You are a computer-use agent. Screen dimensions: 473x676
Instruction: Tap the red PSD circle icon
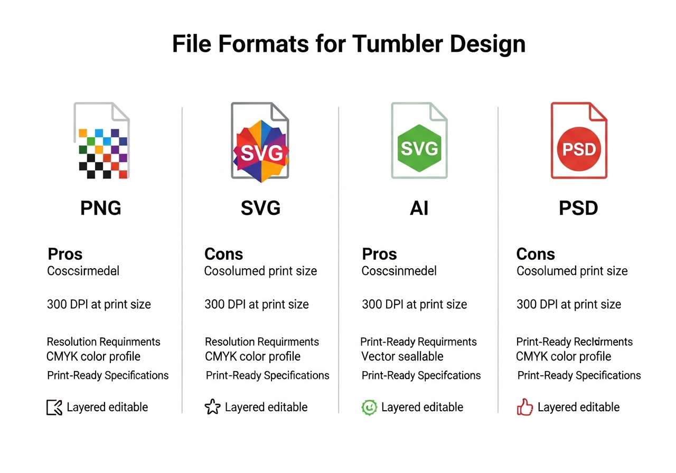tap(579, 149)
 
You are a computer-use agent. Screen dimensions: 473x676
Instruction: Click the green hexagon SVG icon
tap(419, 148)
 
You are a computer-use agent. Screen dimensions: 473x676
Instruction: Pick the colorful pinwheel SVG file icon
tap(260, 150)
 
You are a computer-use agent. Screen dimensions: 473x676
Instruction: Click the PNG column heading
tap(100, 208)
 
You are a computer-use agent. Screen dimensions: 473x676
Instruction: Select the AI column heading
tap(419, 208)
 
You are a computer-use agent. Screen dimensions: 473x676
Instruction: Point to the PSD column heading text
tap(578, 208)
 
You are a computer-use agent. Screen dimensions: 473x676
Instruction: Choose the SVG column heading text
tap(260, 208)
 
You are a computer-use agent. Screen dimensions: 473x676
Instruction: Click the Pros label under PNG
tap(65, 254)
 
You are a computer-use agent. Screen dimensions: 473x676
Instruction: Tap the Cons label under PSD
tap(535, 254)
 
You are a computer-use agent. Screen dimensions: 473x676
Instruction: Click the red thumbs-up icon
tap(525, 407)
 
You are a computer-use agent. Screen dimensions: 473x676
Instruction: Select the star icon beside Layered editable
tap(212, 407)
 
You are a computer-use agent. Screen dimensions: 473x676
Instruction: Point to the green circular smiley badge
tap(369, 407)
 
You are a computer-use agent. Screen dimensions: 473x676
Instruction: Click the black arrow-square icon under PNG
tap(54, 407)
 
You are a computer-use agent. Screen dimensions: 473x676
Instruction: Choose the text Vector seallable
tap(402, 356)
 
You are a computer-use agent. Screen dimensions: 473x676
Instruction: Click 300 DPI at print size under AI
tap(414, 305)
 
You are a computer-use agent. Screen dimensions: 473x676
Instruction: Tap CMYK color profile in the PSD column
tap(563, 356)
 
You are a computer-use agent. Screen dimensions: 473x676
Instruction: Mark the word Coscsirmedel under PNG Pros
tap(83, 271)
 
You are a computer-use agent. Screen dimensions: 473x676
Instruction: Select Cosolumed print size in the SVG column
tap(260, 271)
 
